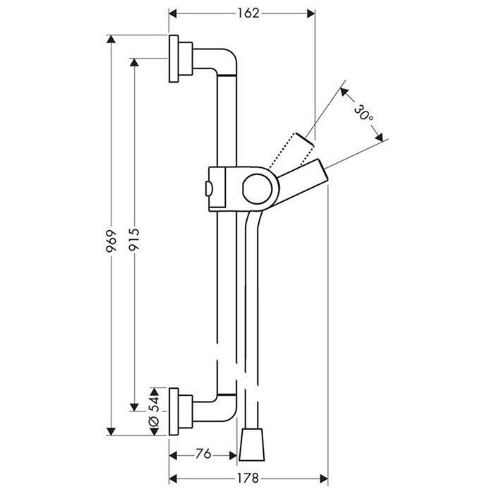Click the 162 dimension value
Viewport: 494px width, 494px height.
point(248,13)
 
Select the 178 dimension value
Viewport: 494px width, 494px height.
point(248,478)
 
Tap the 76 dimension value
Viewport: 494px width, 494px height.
point(203,454)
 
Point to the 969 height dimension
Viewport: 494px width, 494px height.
point(111,241)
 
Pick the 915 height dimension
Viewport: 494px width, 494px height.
point(134,240)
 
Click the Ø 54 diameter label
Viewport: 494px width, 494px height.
point(154,411)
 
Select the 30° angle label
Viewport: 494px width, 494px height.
point(363,113)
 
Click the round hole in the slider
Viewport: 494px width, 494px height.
point(257,188)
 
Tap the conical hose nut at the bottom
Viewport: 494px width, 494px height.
point(252,444)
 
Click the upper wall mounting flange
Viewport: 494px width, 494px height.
point(181,59)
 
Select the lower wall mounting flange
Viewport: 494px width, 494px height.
point(181,411)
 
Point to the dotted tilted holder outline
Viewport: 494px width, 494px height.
point(291,150)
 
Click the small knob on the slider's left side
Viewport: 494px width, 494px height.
point(209,189)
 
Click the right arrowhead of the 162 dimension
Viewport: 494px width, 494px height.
point(311,13)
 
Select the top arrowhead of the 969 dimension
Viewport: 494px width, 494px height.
point(111,39)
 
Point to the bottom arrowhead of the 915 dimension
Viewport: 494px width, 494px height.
point(134,406)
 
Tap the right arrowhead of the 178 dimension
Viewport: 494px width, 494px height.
point(324,478)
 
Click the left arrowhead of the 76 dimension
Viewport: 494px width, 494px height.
point(174,455)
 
